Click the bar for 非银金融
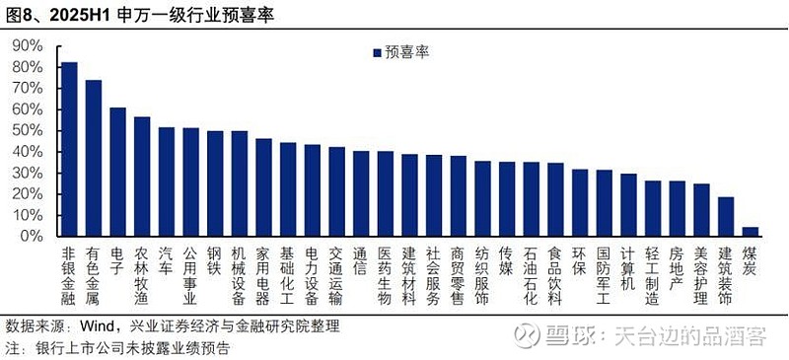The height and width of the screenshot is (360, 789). [x=69, y=149]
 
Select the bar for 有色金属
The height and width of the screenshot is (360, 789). [x=94, y=158]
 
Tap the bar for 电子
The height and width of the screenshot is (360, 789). [x=117, y=172]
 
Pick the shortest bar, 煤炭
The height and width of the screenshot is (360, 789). [x=751, y=232]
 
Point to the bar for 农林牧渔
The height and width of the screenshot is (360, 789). [x=142, y=177]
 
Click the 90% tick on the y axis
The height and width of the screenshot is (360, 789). [x=27, y=45]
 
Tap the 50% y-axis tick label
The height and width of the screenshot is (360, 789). [x=27, y=131]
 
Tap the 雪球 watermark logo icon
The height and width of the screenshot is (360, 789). [x=523, y=335]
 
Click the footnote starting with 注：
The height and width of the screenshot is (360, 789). [x=118, y=348]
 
